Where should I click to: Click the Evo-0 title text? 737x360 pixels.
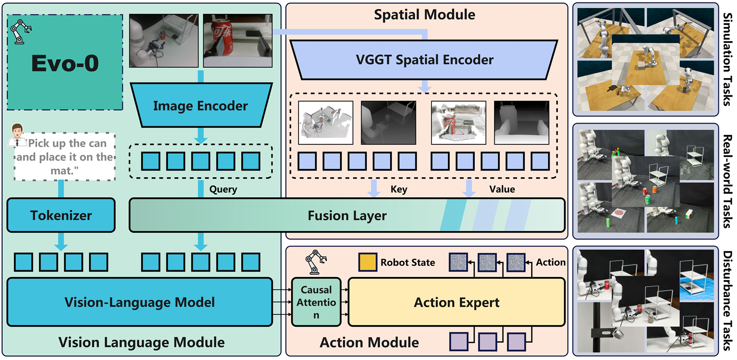click(x=65, y=64)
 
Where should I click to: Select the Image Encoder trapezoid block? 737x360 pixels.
click(x=200, y=106)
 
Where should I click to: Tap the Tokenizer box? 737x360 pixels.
click(x=61, y=216)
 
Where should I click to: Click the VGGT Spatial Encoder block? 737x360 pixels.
click(x=424, y=60)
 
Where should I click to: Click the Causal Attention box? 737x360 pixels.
click(x=316, y=302)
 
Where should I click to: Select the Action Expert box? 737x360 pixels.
click(x=457, y=302)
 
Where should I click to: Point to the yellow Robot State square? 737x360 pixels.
click(x=368, y=262)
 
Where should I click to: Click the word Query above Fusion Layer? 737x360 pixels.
click(x=223, y=189)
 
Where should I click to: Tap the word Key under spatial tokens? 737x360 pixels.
click(x=398, y=189)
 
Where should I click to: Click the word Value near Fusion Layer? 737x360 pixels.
click(x=502, y=189)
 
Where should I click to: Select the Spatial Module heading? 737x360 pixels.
click(x=424, y=15)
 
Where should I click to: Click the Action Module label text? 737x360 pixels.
click(x=369, y=342)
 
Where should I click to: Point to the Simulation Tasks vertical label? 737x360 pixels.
click(x=728, y=59)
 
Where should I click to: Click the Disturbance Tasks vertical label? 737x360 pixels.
click(x=728, y=301)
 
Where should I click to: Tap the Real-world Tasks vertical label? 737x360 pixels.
click(x=728, y=181)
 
